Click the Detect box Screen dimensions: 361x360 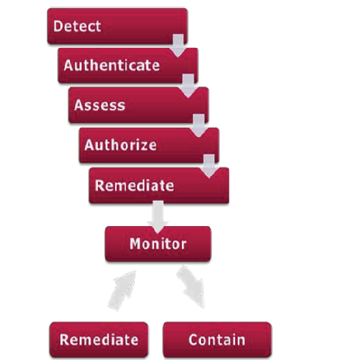(x=117, y=26)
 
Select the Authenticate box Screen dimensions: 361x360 (x=128, y=66)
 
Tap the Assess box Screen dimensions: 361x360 (x=139, y=105)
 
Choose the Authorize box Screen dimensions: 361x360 (x=149, y=145)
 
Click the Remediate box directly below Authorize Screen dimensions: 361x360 (x=159, y=186)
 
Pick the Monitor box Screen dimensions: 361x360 (x=158, y=244)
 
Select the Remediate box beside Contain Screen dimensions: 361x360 (x=99, y=339)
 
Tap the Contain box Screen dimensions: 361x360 (x=217, y=339)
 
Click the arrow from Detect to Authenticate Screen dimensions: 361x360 (x=178, y=46)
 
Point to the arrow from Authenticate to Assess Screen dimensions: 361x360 (x=189, y=86)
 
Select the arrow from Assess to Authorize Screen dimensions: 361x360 (x=199, y=126)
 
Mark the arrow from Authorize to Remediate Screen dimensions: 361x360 (x=209, y=166)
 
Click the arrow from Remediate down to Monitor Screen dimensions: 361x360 (x=158, y=217)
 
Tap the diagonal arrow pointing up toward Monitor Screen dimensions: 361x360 (x=122, y=291)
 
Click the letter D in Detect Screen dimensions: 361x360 (x=57, y=26)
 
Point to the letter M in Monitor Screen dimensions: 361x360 (x=135, y=244)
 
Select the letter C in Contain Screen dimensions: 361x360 (x=193, y=339)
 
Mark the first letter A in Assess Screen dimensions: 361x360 (x=79, y=105)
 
